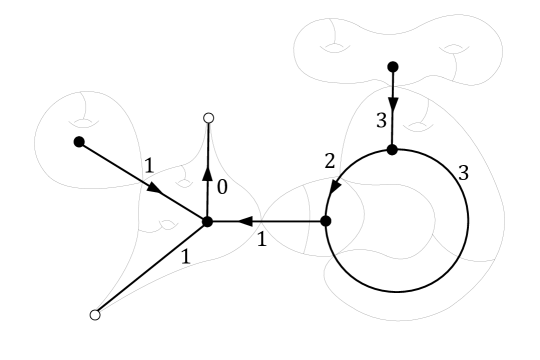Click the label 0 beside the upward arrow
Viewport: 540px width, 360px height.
tap(221, 185)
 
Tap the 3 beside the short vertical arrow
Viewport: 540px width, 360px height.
tap(379, 120)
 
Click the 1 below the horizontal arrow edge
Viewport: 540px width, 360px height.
tap(261, 240)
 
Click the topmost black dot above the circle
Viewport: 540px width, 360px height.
tap(393, 66)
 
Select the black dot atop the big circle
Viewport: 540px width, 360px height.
tap(393, 150)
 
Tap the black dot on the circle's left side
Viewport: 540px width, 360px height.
tap(325, 221)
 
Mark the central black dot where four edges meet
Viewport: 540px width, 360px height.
tap(207, 221)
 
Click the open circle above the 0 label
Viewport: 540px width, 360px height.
tap(208, 118)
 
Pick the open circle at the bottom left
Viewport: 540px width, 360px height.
tap(95, 315)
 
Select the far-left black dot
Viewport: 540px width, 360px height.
tap(78, 142)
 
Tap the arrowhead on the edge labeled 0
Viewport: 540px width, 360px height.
tap(207, 172)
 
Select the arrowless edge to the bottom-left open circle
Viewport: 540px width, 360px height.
tap(150, 269)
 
